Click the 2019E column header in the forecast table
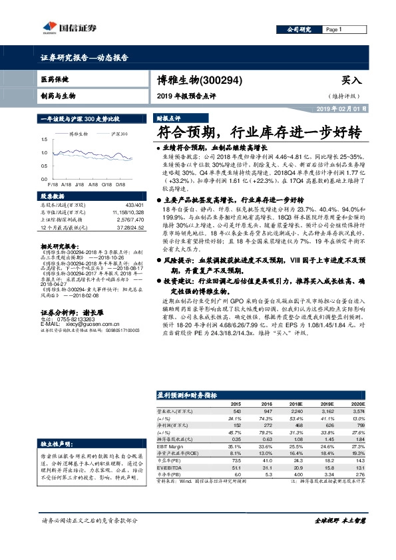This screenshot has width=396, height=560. point(326,404)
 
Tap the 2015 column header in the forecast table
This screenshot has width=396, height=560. point(236,404)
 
